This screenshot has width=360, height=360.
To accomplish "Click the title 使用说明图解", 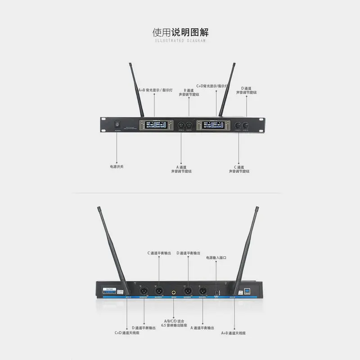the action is click(180, 33).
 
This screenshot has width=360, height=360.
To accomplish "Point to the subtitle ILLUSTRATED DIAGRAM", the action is click(180, 41).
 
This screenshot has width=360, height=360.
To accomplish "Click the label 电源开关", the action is click(117, 166).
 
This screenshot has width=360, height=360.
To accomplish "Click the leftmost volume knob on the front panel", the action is click(180, 125).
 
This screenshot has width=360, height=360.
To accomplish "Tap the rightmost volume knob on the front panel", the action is click(246, 125).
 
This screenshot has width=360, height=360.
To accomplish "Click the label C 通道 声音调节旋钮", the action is click(239, 169).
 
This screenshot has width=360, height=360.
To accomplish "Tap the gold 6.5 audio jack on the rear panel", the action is click(173, 293).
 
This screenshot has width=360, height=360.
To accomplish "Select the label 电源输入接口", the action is click(216, 258).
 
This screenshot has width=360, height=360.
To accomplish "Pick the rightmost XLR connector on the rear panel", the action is click(202, 291).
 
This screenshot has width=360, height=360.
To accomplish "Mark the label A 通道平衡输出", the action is click(202, 328).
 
